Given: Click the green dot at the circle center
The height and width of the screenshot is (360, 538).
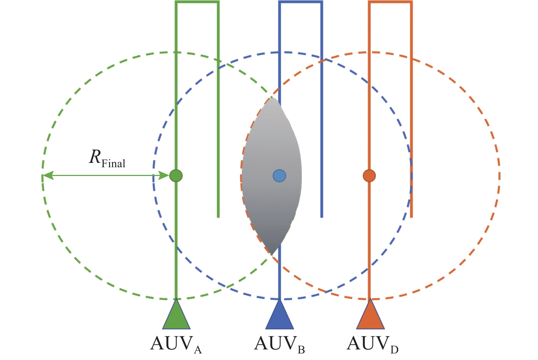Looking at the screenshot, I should [x=176, y=176].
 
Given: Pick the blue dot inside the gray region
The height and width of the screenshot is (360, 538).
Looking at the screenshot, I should [x=280, y=176].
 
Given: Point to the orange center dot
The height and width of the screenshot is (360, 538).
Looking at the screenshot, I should [x=369, y=176].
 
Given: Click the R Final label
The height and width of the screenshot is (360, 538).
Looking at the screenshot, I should [x=107, y=159].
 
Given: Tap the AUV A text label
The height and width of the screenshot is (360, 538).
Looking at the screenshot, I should [x=176, y=344].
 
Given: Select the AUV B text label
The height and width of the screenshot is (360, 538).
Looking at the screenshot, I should [x=280, y=344].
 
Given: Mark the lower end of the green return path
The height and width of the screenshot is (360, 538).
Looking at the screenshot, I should [x=218, y=216].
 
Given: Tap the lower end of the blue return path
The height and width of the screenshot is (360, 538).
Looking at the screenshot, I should [x=321, y=216].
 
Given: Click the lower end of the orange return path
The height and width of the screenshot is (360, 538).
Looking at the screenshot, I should [x=412, y=216].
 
